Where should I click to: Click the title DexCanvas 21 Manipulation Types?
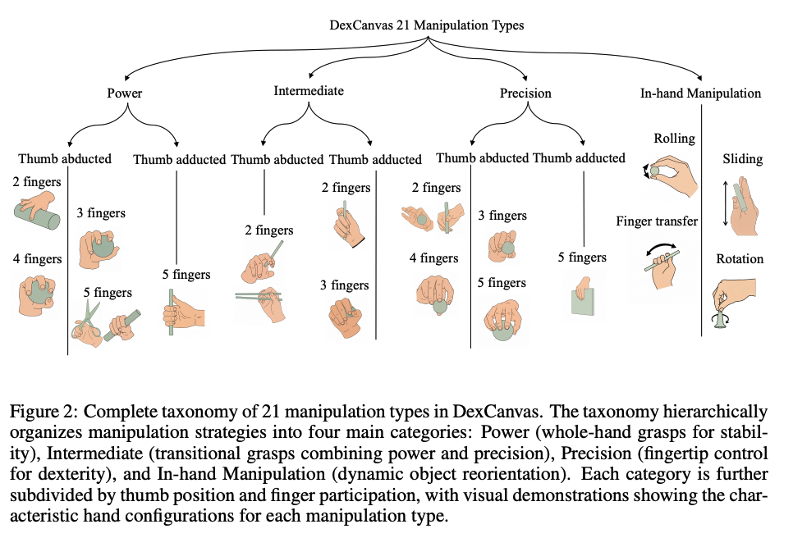426,25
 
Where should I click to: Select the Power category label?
125,93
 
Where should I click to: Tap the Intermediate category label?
309,91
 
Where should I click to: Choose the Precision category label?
525,93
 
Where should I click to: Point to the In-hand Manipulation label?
700,93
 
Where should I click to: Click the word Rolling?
674,139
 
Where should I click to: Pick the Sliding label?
742,159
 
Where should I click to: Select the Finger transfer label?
657,221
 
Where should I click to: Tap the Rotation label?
740,259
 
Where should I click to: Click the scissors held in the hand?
83,320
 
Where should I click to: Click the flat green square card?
583,302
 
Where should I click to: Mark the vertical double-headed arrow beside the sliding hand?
726,203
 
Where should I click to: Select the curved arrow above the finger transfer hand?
661,245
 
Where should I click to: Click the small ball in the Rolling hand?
655,171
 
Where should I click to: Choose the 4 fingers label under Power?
38,259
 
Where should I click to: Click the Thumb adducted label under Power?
179,160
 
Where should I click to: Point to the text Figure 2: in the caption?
44,413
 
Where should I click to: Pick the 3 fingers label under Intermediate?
345,285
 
